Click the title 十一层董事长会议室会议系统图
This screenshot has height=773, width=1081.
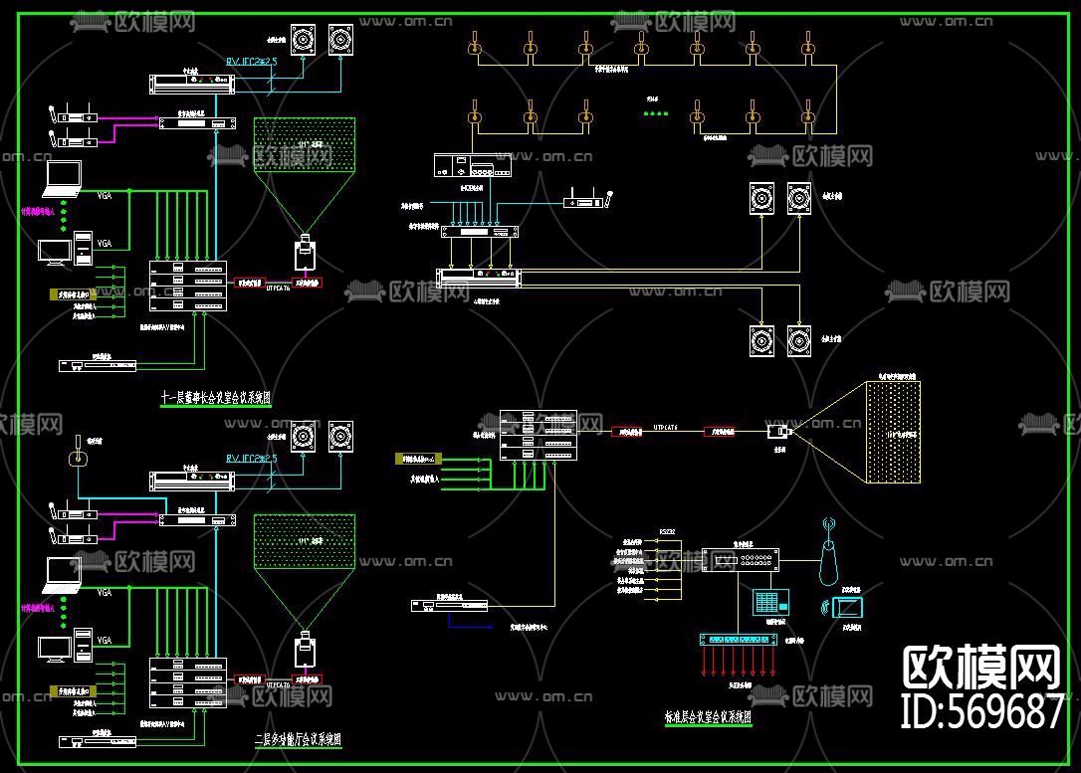[216, 398]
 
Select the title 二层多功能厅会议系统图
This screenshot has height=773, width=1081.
[298, 740]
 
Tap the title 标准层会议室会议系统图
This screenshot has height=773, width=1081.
[708, 715]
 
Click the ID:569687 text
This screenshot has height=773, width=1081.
[981, 710]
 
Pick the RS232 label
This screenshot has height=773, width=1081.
[666, 532]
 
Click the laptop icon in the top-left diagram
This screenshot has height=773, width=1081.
[62, 179]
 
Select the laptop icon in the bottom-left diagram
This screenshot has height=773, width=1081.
[62, 574]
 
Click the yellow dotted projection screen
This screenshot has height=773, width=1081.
[893, 433]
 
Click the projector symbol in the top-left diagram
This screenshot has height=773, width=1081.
[305, 253]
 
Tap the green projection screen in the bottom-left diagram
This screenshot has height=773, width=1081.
[304, 541]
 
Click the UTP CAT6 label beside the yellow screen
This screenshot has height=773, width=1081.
[665, 428]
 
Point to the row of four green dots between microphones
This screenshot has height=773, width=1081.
[655, 113]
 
